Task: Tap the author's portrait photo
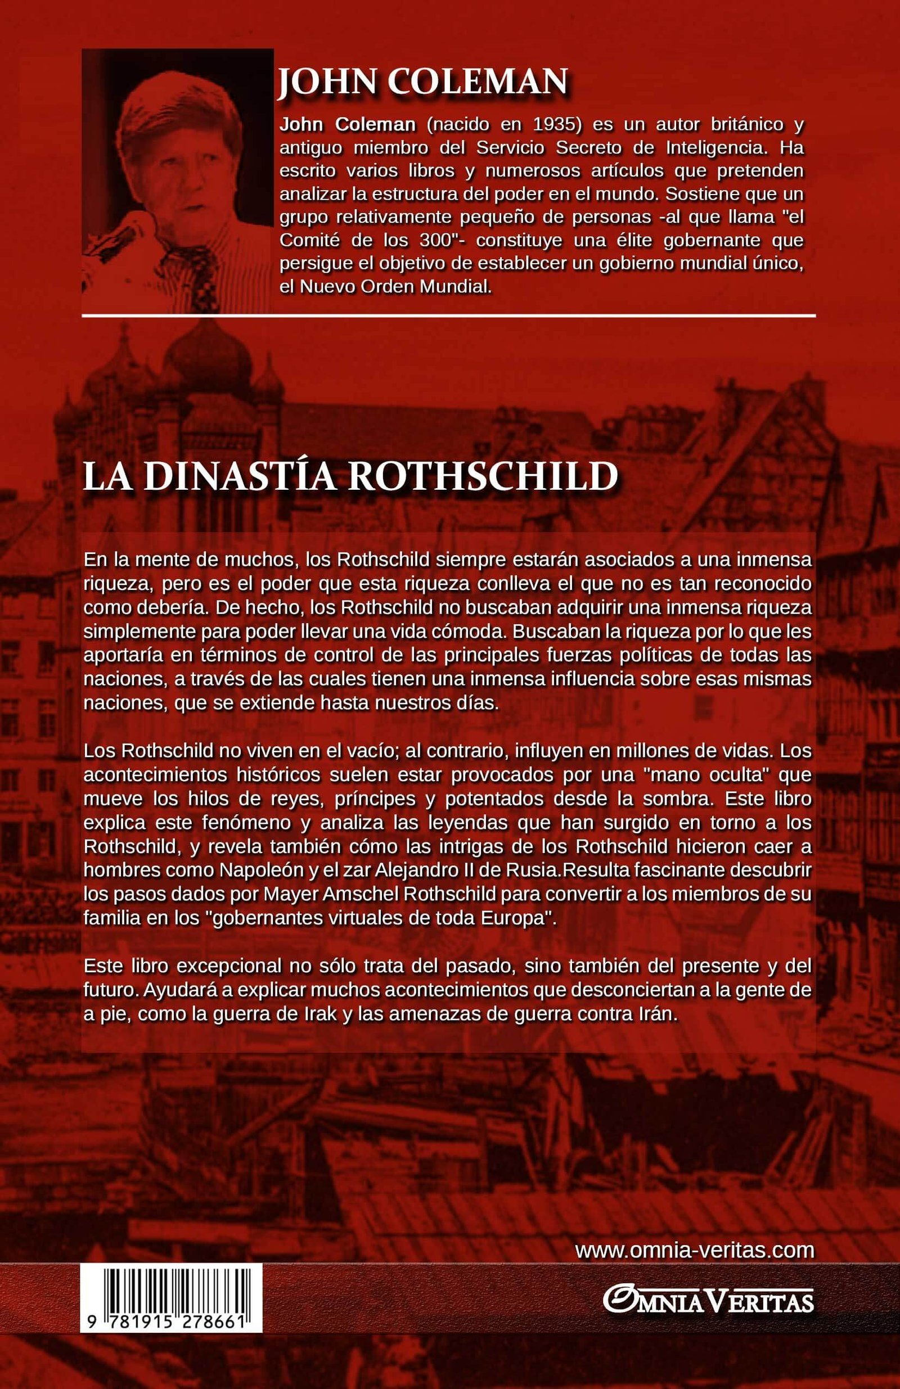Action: coord(177,181)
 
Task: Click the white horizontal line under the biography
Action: coord(448,315)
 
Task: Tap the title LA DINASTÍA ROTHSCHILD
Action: coord(350,477)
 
